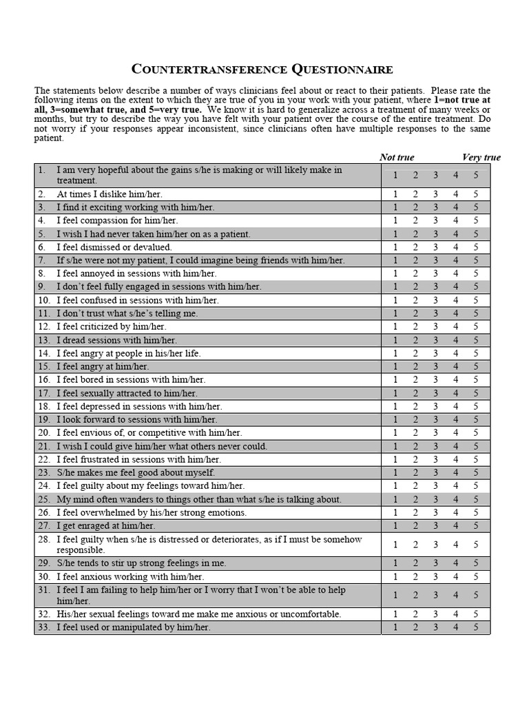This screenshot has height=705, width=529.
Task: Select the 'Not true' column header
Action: (x=397, y=157)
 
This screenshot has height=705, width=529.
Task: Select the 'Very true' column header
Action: (x=481, y=157)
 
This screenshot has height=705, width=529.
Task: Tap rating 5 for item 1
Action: (x=475, y=175)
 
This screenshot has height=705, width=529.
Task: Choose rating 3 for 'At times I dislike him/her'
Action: (x=435, y=194)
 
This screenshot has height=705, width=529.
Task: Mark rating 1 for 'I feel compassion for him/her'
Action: (x=395, y=220)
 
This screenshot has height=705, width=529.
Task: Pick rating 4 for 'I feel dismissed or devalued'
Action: (x=455, y=247)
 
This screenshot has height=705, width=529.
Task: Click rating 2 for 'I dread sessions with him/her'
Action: (x=415, y=340)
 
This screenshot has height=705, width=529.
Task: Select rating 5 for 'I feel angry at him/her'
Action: (x=475, y=366)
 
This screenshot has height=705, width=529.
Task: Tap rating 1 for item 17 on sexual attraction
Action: (x=395, y=393)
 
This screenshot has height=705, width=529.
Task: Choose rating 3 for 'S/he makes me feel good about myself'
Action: (x=435, y=472)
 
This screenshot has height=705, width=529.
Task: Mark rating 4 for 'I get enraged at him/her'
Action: (x=455, y=525)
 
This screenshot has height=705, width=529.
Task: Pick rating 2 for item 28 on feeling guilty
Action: (x=415, y=545)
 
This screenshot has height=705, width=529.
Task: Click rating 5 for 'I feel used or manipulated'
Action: (x=475, y=627)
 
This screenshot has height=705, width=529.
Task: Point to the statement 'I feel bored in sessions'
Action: (x=131, y=380)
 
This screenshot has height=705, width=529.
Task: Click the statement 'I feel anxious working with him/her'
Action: (x=130, y=577)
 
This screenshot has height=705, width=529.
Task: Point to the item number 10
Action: (x=44, y=300)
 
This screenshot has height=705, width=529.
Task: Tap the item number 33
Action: (x=44, y=627)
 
